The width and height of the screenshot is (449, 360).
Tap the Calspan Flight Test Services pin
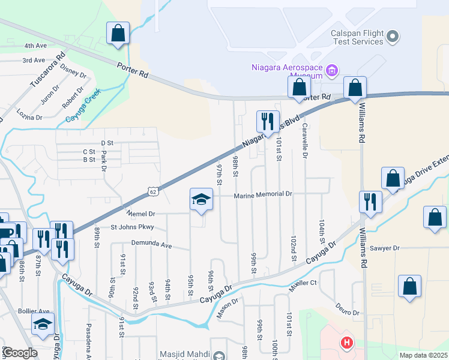coord(393,37)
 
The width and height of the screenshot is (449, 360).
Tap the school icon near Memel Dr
coord(201,200)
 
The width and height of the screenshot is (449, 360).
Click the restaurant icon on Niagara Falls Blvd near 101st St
coord(267,121)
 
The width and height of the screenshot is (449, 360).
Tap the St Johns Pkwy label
coord(132,227)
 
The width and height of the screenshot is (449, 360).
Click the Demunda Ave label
coord(152,245)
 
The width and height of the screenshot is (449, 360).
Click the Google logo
coord(20,353)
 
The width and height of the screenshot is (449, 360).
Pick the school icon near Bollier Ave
coord(43,324)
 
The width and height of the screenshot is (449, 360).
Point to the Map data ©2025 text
coord(424,355)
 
